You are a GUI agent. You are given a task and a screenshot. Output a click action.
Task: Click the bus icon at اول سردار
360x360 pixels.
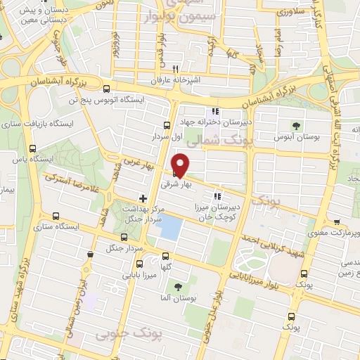pyautogui.click(x=165, y=127)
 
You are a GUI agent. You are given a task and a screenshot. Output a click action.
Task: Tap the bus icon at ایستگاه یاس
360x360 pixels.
pyautogui.click(x=33, y=148)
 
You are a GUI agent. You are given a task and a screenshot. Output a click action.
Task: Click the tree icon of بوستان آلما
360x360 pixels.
pyautogui.click(x=177, y=287)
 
